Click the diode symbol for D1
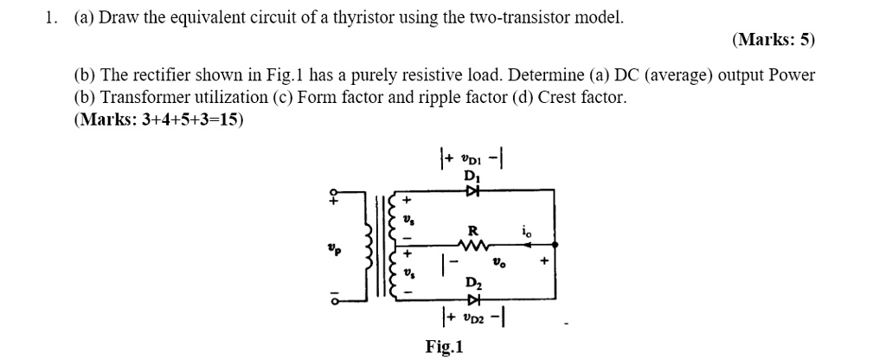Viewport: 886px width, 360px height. (x=472, y=190)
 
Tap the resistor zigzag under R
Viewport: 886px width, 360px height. (x=472, y=246)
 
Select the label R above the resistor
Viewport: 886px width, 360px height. (x=472, y=231)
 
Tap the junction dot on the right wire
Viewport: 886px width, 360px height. (x=553, y=246)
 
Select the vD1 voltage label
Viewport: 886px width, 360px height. (x=472, y=158)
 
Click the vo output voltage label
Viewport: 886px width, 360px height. (x=498, y=260)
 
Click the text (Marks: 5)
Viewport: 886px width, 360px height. (x=773, y=40)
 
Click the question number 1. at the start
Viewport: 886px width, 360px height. (x=51, y=17)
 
